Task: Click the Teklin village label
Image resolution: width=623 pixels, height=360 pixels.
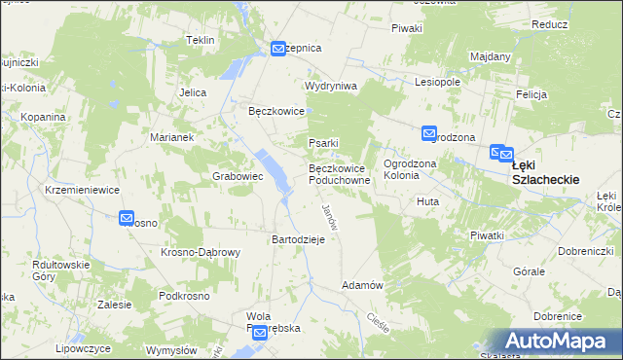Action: pyautogui.click(x=200, y=40)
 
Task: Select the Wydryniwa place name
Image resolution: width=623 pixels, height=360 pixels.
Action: pyautogui.click(x=331, y=86)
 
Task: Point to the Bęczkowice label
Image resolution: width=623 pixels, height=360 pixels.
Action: pyautogui.click(x=277, y=112)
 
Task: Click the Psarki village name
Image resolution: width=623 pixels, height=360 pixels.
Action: pyautogui.click(x=323, y=144)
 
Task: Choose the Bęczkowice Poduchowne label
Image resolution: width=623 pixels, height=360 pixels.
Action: pyautogui.click(x=340, y=174)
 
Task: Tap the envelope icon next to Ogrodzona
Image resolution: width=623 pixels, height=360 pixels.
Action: pyautogui.click(x=429, y=133)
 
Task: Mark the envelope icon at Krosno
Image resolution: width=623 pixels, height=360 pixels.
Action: pyautogui.click(x=127, y=219)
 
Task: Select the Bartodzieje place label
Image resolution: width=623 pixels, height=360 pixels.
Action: pyautogui.click(x=304, y=239)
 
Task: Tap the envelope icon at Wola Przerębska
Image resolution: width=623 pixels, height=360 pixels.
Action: pyautogui.click(x=260, y=333)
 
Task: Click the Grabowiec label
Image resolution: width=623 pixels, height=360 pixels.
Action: pyautogui.click(x=238, y=177)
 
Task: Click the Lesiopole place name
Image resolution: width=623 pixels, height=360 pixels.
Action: pyautogui.click(x=437, y=83)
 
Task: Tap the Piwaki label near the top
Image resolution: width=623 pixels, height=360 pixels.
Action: pyautogui.click(x=407, y=28)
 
